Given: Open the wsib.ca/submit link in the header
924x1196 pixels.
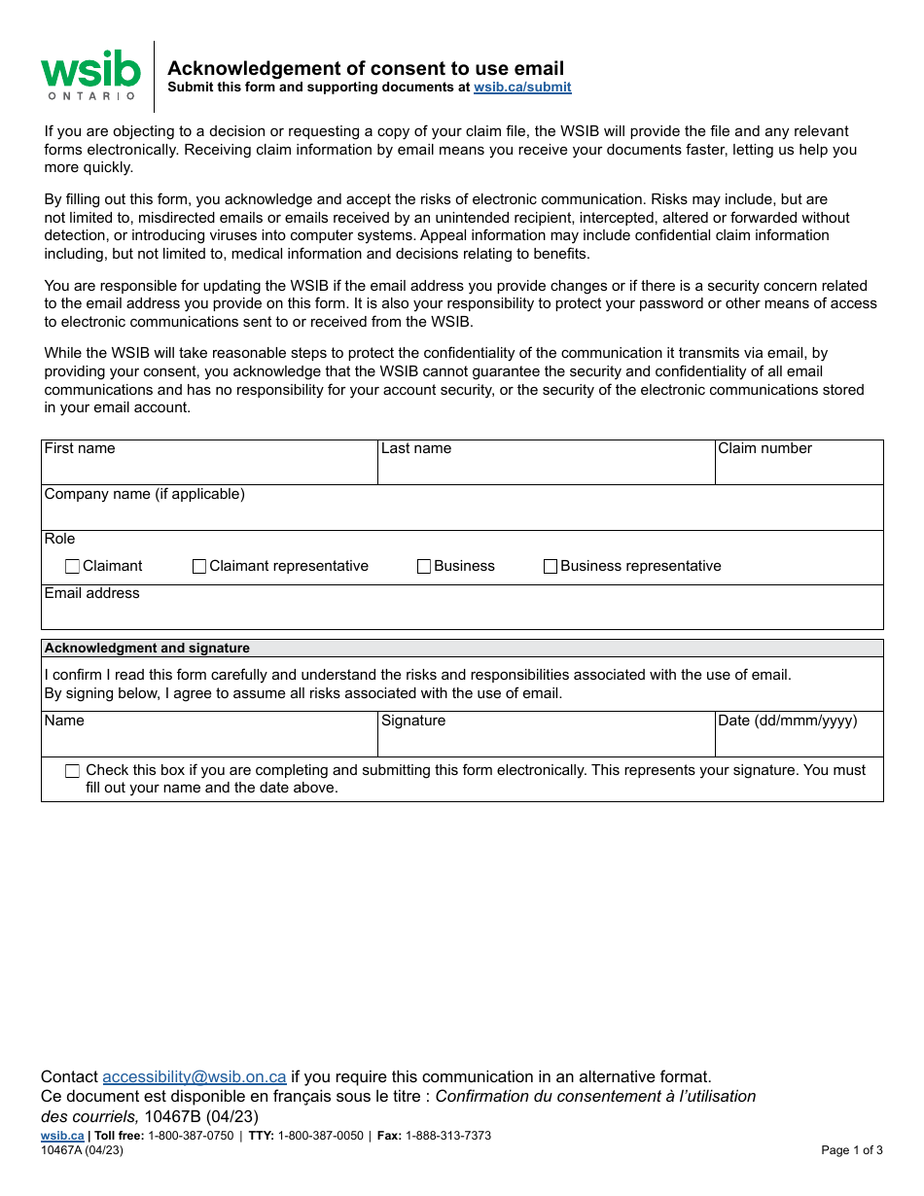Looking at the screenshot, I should coord(522,88).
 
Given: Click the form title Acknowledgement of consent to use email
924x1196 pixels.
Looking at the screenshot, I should coord(366,68).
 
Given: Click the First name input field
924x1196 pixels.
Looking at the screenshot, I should coord(209,469).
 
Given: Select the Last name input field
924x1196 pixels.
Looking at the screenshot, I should coord(546,469).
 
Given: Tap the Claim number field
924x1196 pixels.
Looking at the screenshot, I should coord(799,469).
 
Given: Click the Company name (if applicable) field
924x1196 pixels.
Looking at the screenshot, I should coord(462,514).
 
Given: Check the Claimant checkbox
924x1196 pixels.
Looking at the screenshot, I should coord(73,566).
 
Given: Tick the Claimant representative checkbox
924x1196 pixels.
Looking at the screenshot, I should coord(199,566).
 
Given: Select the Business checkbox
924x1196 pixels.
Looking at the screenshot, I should coord(424,566).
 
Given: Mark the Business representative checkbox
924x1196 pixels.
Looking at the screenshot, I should coord(551,566).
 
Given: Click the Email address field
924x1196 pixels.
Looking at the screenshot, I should coord(462,614).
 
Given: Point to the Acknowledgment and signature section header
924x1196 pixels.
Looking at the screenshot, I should coord(147,649).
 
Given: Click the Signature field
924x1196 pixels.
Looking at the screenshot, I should coord(546,740).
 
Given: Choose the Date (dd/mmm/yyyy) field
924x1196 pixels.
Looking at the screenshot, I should coord(799,740).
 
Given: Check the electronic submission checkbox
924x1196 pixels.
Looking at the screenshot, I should coord(73,771).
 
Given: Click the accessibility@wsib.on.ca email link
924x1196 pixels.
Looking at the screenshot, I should coord(195,1076).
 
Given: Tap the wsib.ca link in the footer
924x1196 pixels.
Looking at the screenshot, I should coord(62,1136).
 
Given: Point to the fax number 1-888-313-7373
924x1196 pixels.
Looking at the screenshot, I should coord(447,1136).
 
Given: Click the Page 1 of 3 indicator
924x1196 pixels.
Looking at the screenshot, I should coord(852,1150).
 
